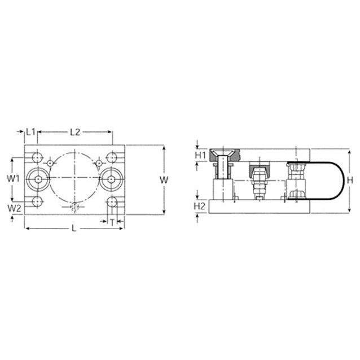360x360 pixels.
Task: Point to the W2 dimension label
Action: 14,208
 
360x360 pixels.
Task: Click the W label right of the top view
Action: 164,179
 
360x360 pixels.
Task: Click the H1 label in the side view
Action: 200,155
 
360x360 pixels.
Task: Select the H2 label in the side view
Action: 199,206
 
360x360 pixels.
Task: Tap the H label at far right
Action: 350,179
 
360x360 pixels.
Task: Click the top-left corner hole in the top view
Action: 38,156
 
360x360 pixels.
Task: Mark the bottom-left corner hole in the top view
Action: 38,201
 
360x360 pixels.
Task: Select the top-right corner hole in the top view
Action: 112,156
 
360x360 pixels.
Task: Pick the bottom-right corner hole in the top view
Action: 112,201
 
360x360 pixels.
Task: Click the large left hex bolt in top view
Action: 38,179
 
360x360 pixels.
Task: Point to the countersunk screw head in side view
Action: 224,155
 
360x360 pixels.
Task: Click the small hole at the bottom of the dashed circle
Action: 75,206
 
